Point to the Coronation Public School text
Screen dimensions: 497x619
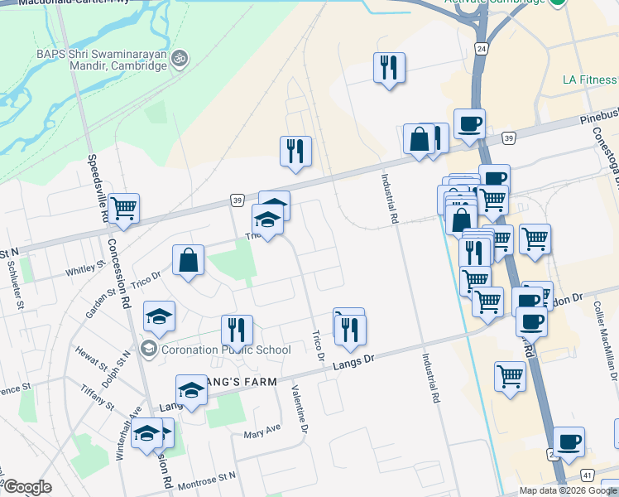226,350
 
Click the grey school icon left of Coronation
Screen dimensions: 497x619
148,350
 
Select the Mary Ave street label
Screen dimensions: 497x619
262,433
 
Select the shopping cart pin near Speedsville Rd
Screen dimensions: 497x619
124,208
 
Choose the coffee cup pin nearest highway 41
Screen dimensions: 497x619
569,442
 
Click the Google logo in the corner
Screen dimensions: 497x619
26,488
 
